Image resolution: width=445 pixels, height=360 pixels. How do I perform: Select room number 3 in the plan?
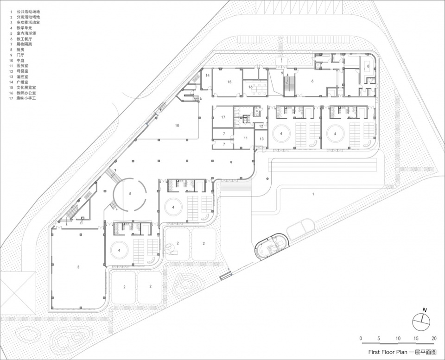(78, 267)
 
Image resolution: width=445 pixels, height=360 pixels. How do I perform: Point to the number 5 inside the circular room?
(130, 194)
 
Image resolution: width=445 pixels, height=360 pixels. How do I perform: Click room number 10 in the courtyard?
(177, 126)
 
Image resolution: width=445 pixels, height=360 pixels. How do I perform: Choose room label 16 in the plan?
(250, 87)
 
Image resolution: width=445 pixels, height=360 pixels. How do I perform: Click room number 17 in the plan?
(223, 117)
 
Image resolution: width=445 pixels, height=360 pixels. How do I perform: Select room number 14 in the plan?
(208, 75)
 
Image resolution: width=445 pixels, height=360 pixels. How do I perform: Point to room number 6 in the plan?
(312, 81)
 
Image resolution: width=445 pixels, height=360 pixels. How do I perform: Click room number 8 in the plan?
(369, 67)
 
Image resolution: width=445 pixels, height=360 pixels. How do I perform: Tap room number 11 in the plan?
(246, 138)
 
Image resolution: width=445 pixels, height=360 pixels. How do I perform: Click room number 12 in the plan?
(261, 126)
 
